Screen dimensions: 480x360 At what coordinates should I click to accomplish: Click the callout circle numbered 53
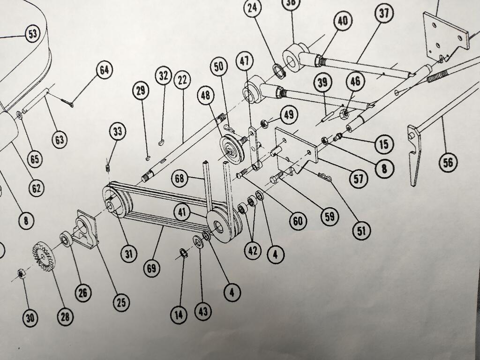tap(33, 34)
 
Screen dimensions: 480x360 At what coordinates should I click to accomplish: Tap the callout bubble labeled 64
tap(105, 70)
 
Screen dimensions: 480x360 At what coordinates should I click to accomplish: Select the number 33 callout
tap(118, 132)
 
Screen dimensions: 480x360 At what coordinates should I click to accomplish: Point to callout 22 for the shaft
tap(182, 80)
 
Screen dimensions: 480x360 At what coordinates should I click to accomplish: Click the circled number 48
tap(205, 95)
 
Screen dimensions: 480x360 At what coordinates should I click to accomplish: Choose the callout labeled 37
tap(384, 14)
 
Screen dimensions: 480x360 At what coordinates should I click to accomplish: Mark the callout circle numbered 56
tap(448, 162)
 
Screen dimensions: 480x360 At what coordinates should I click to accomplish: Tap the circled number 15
tap(384, 144)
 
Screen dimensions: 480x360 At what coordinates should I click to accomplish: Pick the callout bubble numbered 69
tap(152, 268)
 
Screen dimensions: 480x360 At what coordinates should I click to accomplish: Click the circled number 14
tap(179, 315)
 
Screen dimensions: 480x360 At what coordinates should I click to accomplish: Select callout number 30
tap(30, 318)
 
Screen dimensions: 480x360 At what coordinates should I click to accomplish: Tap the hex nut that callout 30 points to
tap(21, 273)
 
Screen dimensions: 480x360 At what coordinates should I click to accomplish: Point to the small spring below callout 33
tap(108, 168)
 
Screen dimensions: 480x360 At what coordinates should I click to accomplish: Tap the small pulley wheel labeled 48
tap(232, 149)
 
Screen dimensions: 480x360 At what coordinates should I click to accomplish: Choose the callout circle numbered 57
tap(358, 179)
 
